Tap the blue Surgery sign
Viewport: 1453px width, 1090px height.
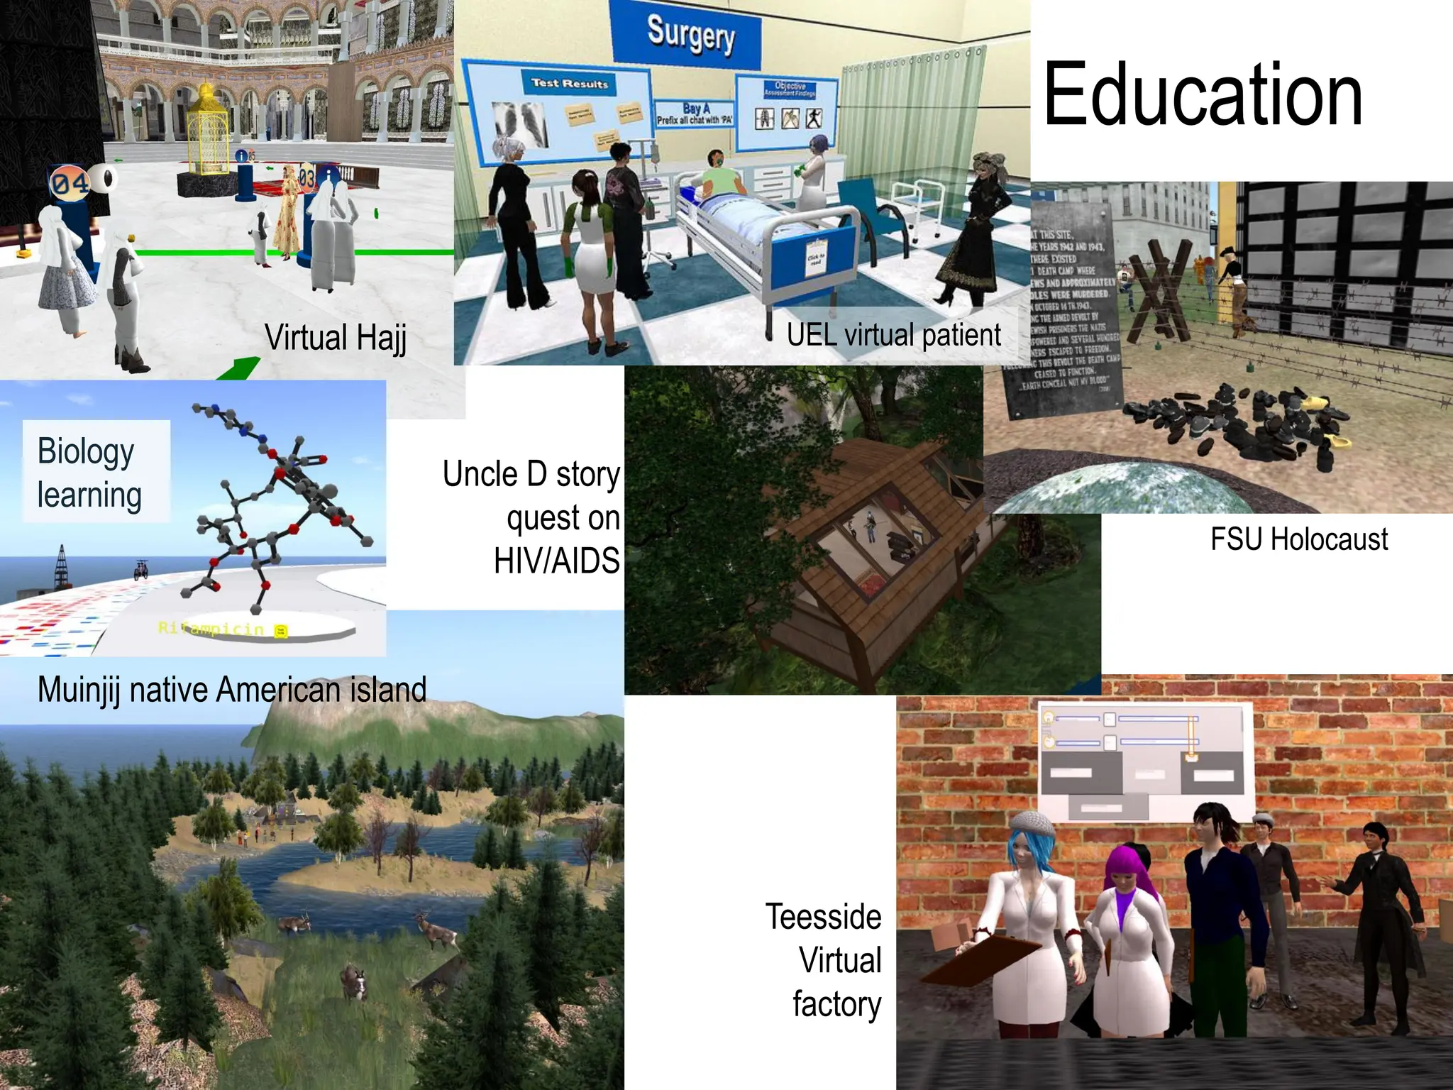(689, 34)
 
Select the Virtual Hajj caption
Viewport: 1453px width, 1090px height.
(336, 337)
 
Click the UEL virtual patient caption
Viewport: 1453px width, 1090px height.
(893, 335)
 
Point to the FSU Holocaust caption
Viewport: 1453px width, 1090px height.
(1298, 539)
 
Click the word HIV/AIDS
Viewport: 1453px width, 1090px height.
(556, 561)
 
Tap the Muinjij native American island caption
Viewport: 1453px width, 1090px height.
(232, 690)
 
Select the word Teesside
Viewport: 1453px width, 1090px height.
(823, 917)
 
